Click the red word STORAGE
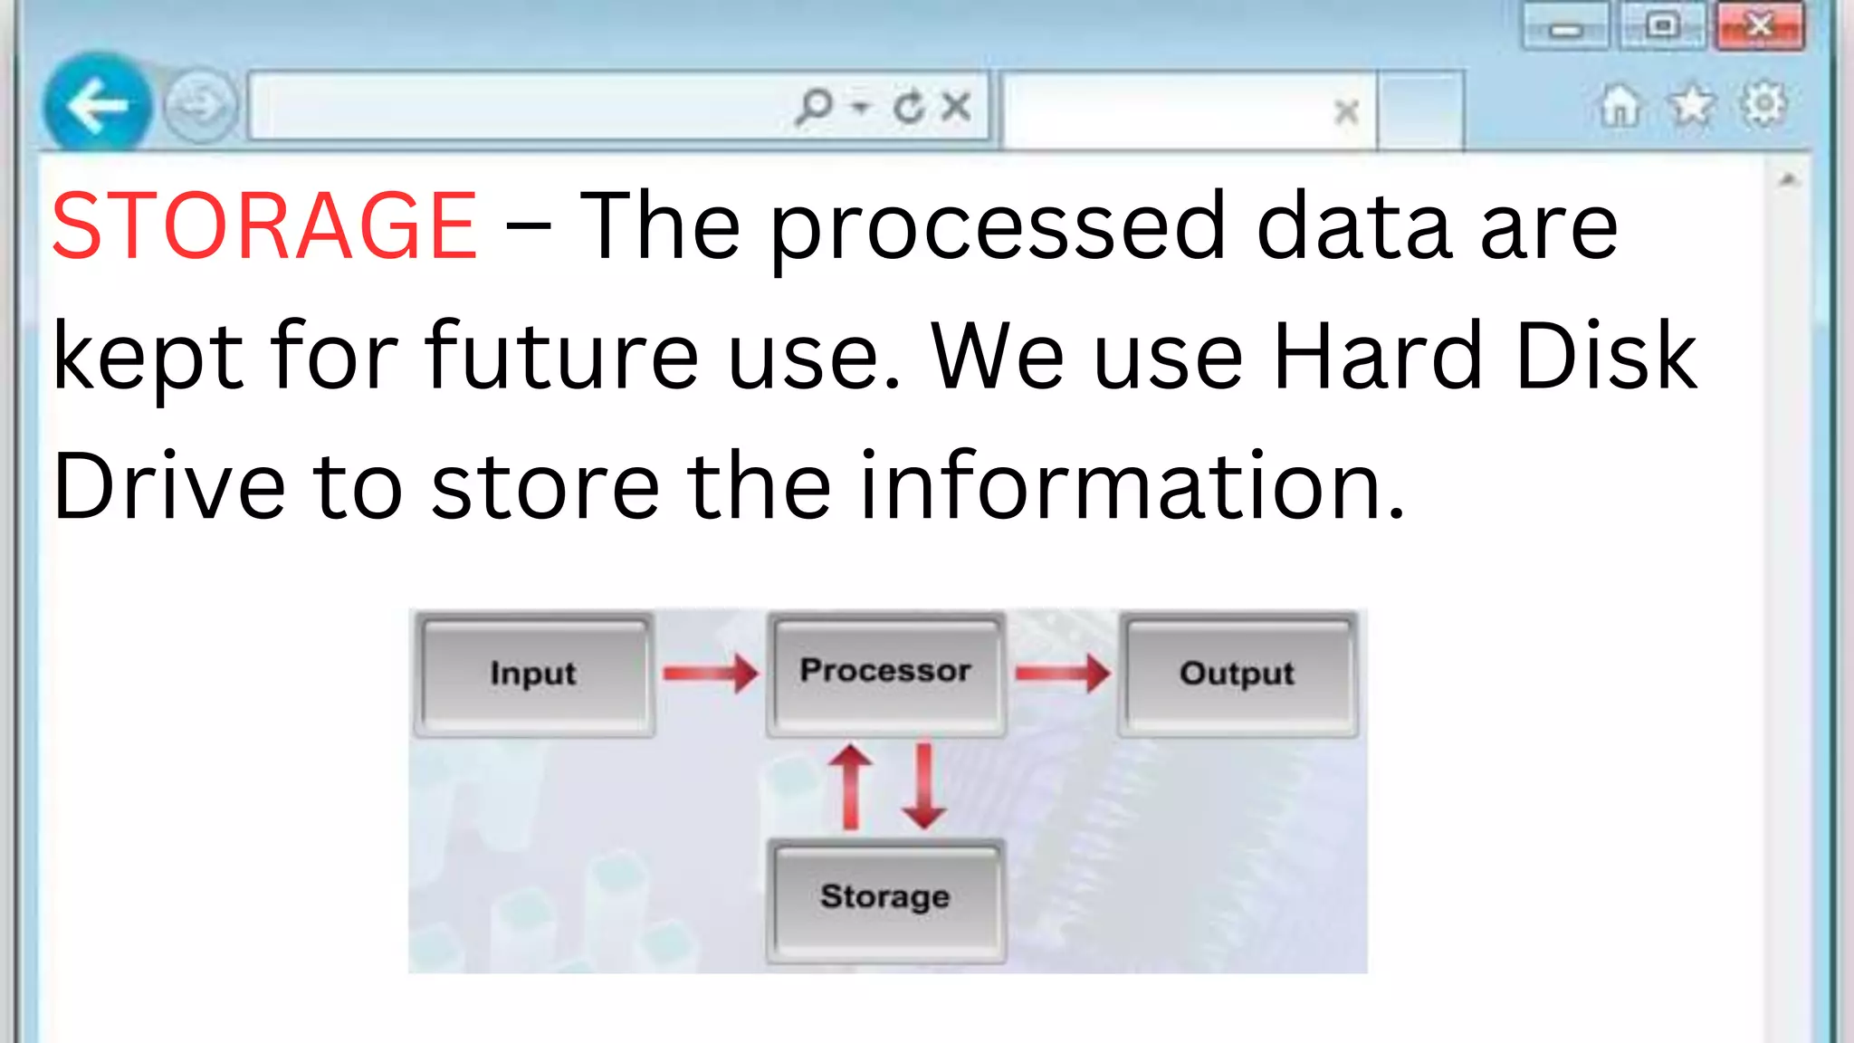(x=264, y=226)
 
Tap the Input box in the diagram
(x=534, y=674)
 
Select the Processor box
(x=885, y=672)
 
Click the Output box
(x=1237, y=674)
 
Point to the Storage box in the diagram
(x=885, y=898)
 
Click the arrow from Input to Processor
(x=711, y=674)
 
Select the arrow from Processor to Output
(x=1063, y=674)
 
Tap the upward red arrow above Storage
(x=850, y=786)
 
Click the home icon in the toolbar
(x=1620, y=106)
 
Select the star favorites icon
(x=1691, y=106)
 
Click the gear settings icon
(x=1763, y=104)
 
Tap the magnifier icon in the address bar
(x=814, y=107)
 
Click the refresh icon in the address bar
(x=908, y=107)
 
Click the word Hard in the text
(x=1377, y=357)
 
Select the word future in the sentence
(x=562, y=357)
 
